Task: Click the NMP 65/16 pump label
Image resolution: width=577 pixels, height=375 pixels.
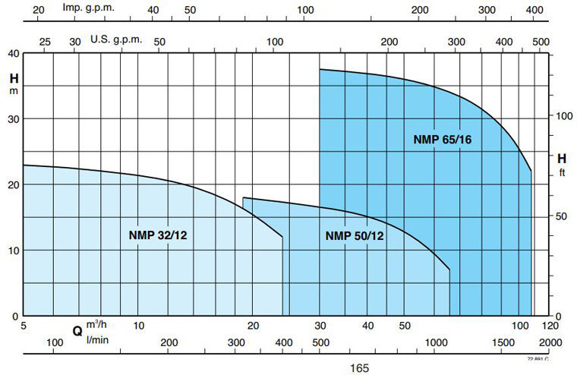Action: pos(448,139)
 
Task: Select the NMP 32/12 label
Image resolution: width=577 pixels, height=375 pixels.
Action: pos(158,235)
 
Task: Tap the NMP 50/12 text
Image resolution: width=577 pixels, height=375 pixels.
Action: pos(355,235)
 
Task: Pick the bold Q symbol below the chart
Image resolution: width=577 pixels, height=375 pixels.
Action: pos(77,331)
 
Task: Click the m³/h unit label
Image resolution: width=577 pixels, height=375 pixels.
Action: pos(98,325)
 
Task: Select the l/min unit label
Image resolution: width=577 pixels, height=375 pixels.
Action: pos(98,339)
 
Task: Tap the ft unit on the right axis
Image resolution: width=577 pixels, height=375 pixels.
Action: pos(562,172)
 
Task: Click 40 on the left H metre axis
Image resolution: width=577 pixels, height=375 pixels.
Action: pos(13,53)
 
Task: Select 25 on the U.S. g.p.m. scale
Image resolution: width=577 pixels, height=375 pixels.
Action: pos(45,40)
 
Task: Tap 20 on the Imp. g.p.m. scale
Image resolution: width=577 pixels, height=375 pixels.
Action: pos(39,10)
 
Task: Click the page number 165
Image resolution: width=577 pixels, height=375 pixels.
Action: pos(360,368)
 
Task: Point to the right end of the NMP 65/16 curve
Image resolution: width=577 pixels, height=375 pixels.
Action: pos(531,171)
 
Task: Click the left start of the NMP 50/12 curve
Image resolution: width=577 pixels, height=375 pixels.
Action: pos(243,197)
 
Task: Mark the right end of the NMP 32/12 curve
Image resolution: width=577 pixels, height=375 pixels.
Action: pos(282,237)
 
